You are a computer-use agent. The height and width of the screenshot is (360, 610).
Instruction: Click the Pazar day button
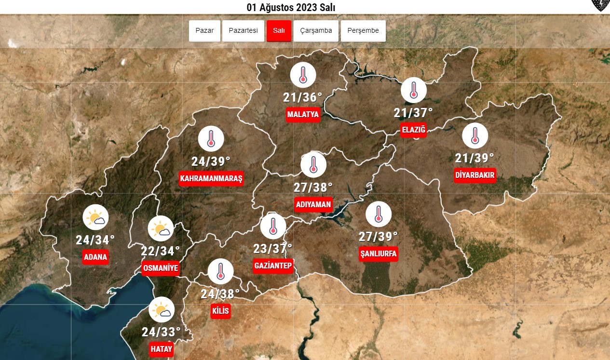204,31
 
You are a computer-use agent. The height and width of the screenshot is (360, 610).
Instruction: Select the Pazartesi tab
243,31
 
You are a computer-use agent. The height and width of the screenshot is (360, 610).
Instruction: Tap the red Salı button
279,31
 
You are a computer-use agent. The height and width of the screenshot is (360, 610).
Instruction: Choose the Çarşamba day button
316,31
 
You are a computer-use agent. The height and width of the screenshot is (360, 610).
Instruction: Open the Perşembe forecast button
363,31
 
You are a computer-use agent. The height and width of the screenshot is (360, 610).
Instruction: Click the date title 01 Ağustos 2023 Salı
290,7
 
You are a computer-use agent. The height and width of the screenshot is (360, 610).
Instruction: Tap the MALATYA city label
303,115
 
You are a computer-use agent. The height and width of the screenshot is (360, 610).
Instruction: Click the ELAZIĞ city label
413,130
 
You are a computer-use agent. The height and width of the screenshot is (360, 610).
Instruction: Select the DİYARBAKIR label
474,175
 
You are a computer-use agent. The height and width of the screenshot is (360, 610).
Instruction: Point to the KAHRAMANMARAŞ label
211,179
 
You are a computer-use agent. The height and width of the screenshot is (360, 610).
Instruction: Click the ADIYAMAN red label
313,204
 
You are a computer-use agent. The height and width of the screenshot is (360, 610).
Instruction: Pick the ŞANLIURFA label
379,253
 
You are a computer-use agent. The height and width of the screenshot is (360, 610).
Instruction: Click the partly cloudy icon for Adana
95,217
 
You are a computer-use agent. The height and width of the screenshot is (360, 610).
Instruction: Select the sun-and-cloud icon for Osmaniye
161,229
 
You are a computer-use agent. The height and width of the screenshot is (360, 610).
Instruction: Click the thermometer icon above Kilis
221,272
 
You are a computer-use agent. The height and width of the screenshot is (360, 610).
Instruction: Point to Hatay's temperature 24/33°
161,332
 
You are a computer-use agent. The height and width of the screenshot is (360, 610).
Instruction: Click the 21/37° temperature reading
413,113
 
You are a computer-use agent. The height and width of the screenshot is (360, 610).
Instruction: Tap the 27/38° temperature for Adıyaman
313,187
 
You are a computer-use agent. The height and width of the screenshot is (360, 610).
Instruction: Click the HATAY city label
161,350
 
